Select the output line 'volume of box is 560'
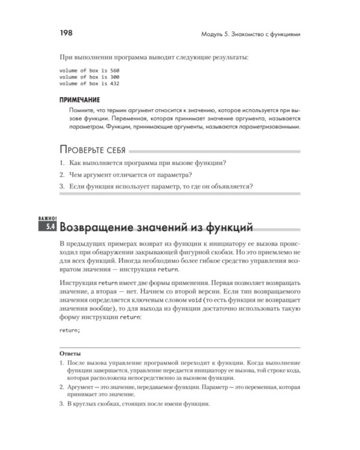pos(89,71)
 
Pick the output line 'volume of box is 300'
pos(89,77)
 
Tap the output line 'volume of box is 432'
pos(89,84)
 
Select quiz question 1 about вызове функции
pos(147,164)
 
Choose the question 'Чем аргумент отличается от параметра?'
pos(129,175)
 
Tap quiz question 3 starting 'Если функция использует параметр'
pos(159,187)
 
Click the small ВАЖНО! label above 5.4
pos(47,218)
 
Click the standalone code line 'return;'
pos(70,329)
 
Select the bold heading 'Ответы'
pos(71,354)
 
